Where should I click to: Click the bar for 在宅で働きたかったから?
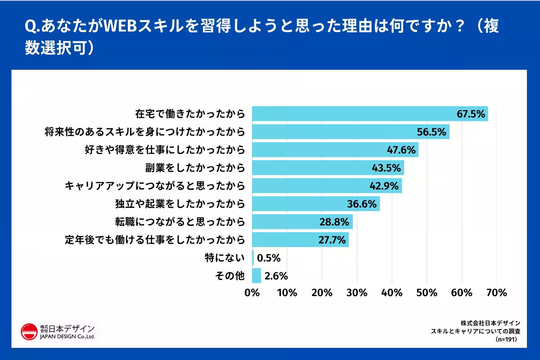[x=369, y=114]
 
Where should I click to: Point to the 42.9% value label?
[x=385, y=186]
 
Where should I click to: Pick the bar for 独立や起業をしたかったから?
[x=315, y=204]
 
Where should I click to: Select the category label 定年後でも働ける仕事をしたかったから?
[x=155, y=240]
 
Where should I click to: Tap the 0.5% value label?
[x=269, y=258]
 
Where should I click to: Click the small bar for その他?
[x=256, y=275]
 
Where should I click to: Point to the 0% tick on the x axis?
[x=252, y=292]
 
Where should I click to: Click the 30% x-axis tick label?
[x=357, y=292]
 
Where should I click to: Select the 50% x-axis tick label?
[x=427, y=292]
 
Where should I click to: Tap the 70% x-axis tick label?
[x=496, y=292]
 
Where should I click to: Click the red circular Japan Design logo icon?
[x=29, y=332]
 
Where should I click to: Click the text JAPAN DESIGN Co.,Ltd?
[x=67, y=337]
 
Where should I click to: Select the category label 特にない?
[x=225, y=258]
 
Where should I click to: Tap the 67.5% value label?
[x=471, y=114]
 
